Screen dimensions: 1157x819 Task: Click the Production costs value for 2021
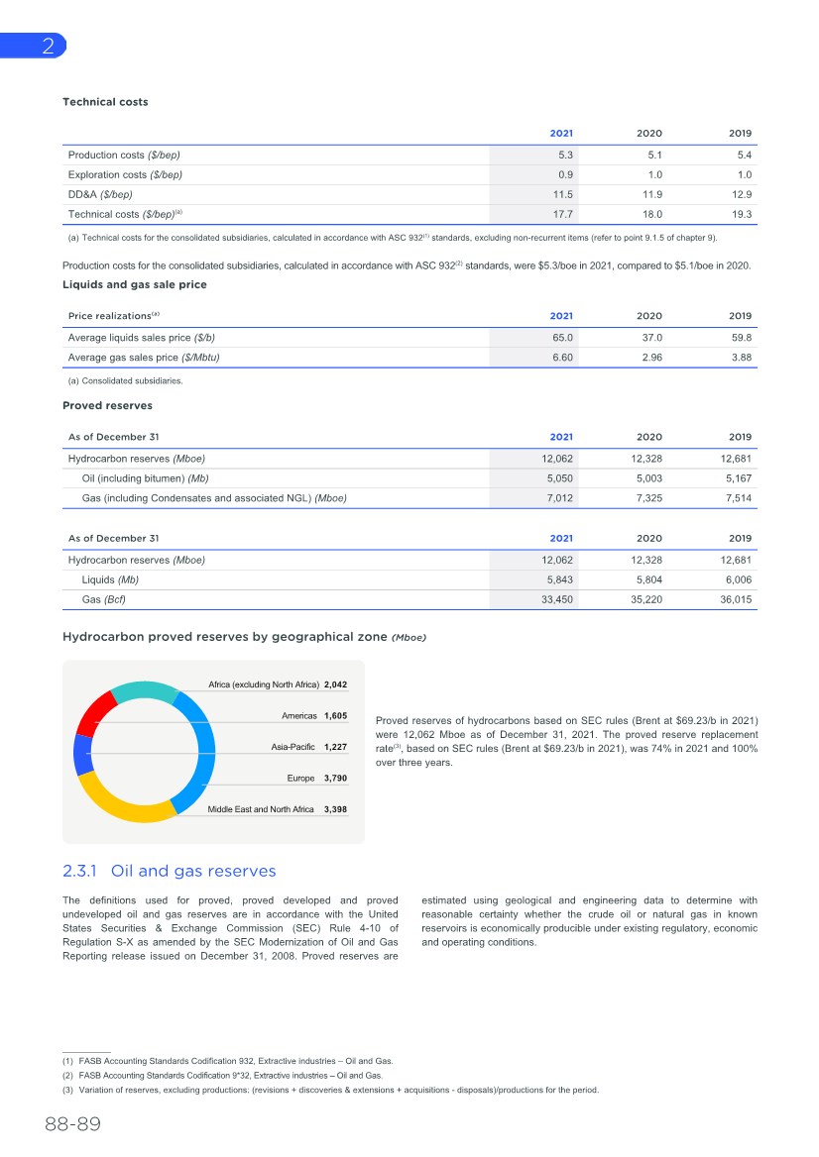click(565, 155)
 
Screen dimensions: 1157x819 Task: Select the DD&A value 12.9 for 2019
click(741, 194)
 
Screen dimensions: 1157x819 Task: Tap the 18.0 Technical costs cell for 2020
click(651, 214)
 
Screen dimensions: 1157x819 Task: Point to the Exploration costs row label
click(124, 174)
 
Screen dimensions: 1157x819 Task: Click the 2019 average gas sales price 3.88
click(740, 358)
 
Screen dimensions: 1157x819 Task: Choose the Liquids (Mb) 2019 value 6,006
click(737, 579)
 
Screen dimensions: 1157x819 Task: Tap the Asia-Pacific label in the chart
click(293, 747)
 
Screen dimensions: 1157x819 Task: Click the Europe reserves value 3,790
click(335, 779)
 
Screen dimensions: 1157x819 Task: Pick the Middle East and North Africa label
click(261, 809)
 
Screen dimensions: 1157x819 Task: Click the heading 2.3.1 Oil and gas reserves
click(169, 871)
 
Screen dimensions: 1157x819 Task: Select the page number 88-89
click(72, 1125)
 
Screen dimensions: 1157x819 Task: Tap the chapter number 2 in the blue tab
click(47, 46)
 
